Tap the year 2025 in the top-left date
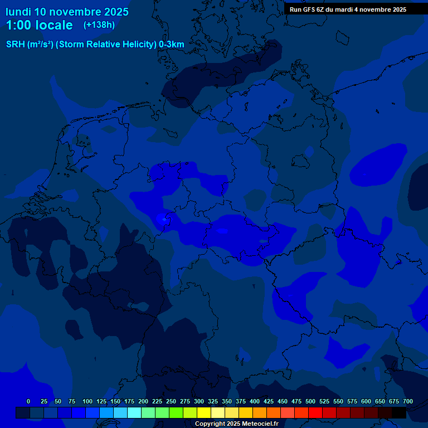[x=113, y=12]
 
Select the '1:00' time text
[x=18, y=25]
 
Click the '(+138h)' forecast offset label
[x=99, y=25]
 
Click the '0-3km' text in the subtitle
[x=172, y=44]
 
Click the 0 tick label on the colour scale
[x=28, y=401]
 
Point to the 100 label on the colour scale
[x=87, y=401]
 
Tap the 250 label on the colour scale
[x=171, y=401]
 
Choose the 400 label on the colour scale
[x=255, y=401]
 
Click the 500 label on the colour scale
[x=310, y=401]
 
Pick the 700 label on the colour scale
[x=408, y=401]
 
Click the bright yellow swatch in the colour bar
[x=204, y=413]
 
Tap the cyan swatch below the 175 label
[x=134, y=413]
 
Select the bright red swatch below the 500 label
[x=315, y=413]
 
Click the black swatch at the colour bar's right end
[x=399, y=413]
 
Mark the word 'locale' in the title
[x=54, y=25]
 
